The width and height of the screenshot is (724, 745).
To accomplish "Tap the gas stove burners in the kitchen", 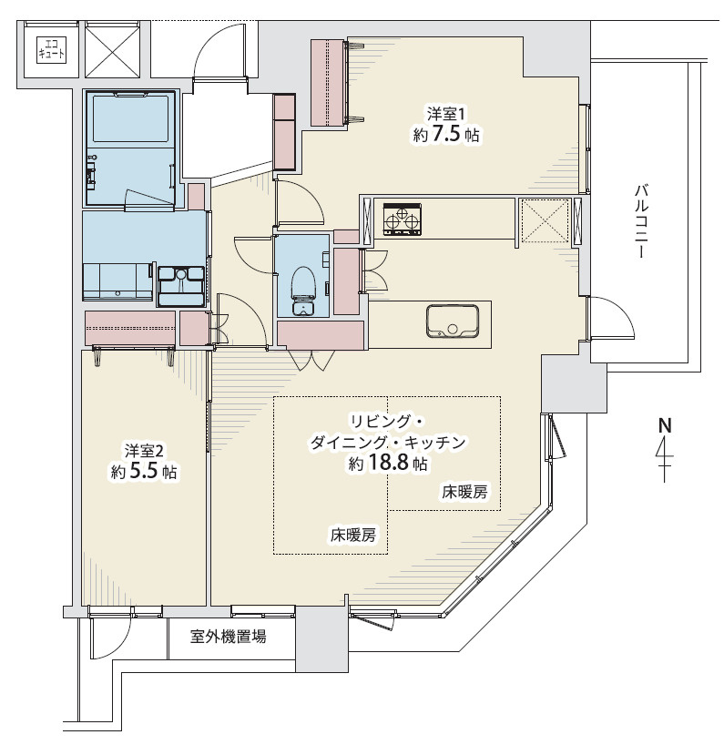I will [x=402, y=219].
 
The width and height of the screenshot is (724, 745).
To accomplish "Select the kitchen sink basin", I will [x=453, y=321].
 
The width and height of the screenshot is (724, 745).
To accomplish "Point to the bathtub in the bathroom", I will [x=130, y=118].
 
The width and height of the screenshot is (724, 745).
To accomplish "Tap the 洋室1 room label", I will [x=446, y=115].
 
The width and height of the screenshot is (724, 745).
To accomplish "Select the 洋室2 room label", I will [x=145, y=451].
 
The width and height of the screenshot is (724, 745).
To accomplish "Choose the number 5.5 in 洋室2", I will [x=144, y=472].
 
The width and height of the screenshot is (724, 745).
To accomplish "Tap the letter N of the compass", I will [x=665, y=425].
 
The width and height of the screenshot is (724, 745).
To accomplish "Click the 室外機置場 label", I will [x=229, y=637].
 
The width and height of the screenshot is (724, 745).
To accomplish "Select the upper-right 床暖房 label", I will [x=464, y=493].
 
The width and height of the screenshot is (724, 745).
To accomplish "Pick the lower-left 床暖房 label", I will [x=352, y=536].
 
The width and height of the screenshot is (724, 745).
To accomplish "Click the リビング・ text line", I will [x=387, y=421].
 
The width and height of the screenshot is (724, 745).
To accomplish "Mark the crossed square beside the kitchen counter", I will [x=544, y=219].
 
